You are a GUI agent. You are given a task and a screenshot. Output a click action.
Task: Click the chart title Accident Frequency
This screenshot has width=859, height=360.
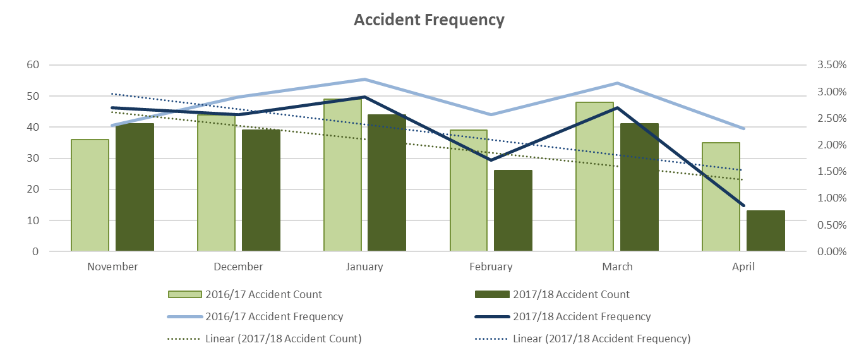point(429,20)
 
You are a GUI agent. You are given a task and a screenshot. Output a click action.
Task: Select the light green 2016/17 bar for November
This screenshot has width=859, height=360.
point(90,195)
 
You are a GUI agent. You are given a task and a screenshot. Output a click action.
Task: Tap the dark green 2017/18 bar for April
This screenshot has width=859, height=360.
point(766,231)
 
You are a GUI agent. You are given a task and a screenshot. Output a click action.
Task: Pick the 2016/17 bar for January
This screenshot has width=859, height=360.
point(342,175)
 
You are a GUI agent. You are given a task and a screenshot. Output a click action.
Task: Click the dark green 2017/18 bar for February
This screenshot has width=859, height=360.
point(513,210)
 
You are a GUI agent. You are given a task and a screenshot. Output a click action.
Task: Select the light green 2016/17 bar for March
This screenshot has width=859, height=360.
point(594,177)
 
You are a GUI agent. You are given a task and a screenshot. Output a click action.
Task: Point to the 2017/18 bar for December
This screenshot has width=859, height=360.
point(261,190)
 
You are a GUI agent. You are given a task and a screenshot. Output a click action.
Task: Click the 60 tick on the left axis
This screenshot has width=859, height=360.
point(32,64)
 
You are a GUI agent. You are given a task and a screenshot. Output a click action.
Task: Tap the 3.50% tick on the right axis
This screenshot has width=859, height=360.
point(831,64)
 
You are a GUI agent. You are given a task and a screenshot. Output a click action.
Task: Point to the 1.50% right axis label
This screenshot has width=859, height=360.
point(831,171)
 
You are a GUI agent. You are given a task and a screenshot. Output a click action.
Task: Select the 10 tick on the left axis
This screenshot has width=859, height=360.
point(32,220)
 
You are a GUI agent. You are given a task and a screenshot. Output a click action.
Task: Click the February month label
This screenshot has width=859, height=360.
point(491,267)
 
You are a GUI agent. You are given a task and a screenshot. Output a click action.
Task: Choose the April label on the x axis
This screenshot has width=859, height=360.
point(743,267)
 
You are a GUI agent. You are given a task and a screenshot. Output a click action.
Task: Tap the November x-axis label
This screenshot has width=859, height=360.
point(112,267)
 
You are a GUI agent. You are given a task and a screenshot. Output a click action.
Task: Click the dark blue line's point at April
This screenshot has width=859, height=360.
point(744,205)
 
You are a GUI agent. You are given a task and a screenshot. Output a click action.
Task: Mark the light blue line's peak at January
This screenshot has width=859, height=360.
point(364,80)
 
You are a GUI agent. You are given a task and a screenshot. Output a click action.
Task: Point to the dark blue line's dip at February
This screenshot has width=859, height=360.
point(491,160)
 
